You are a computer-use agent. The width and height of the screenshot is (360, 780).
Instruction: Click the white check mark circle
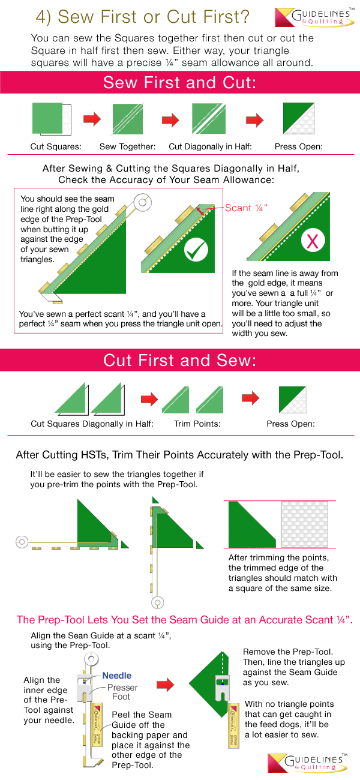[x=196, y=251]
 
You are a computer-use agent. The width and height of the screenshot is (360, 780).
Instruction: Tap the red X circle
[x=313, y=242]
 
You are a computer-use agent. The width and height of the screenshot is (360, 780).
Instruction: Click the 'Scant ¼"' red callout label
[x=246, y=208]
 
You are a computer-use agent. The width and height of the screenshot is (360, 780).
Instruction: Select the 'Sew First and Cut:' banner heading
[x=180, y=83]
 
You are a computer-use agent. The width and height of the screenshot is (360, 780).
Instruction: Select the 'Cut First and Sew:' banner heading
[x=180, y=360]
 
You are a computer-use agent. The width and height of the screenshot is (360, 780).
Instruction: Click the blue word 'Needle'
[x=116, y=675]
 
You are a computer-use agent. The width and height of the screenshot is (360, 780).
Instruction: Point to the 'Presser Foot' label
[x=122, y=692]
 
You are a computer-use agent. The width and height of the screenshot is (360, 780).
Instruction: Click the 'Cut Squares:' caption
[x=56, y=146]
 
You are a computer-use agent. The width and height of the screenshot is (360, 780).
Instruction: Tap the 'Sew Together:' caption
[x=128, y=146]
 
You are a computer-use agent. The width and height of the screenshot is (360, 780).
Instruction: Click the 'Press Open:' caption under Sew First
[x=298, y=146]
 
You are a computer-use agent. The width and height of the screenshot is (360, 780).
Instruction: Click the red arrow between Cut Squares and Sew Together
[x=92, y=119]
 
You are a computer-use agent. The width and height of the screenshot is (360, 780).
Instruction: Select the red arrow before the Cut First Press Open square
[x=250, y=398]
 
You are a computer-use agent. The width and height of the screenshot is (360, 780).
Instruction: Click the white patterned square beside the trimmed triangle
[x=308, y=524]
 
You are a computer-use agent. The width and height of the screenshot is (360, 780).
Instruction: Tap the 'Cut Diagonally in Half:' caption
[x=210, y=146]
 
